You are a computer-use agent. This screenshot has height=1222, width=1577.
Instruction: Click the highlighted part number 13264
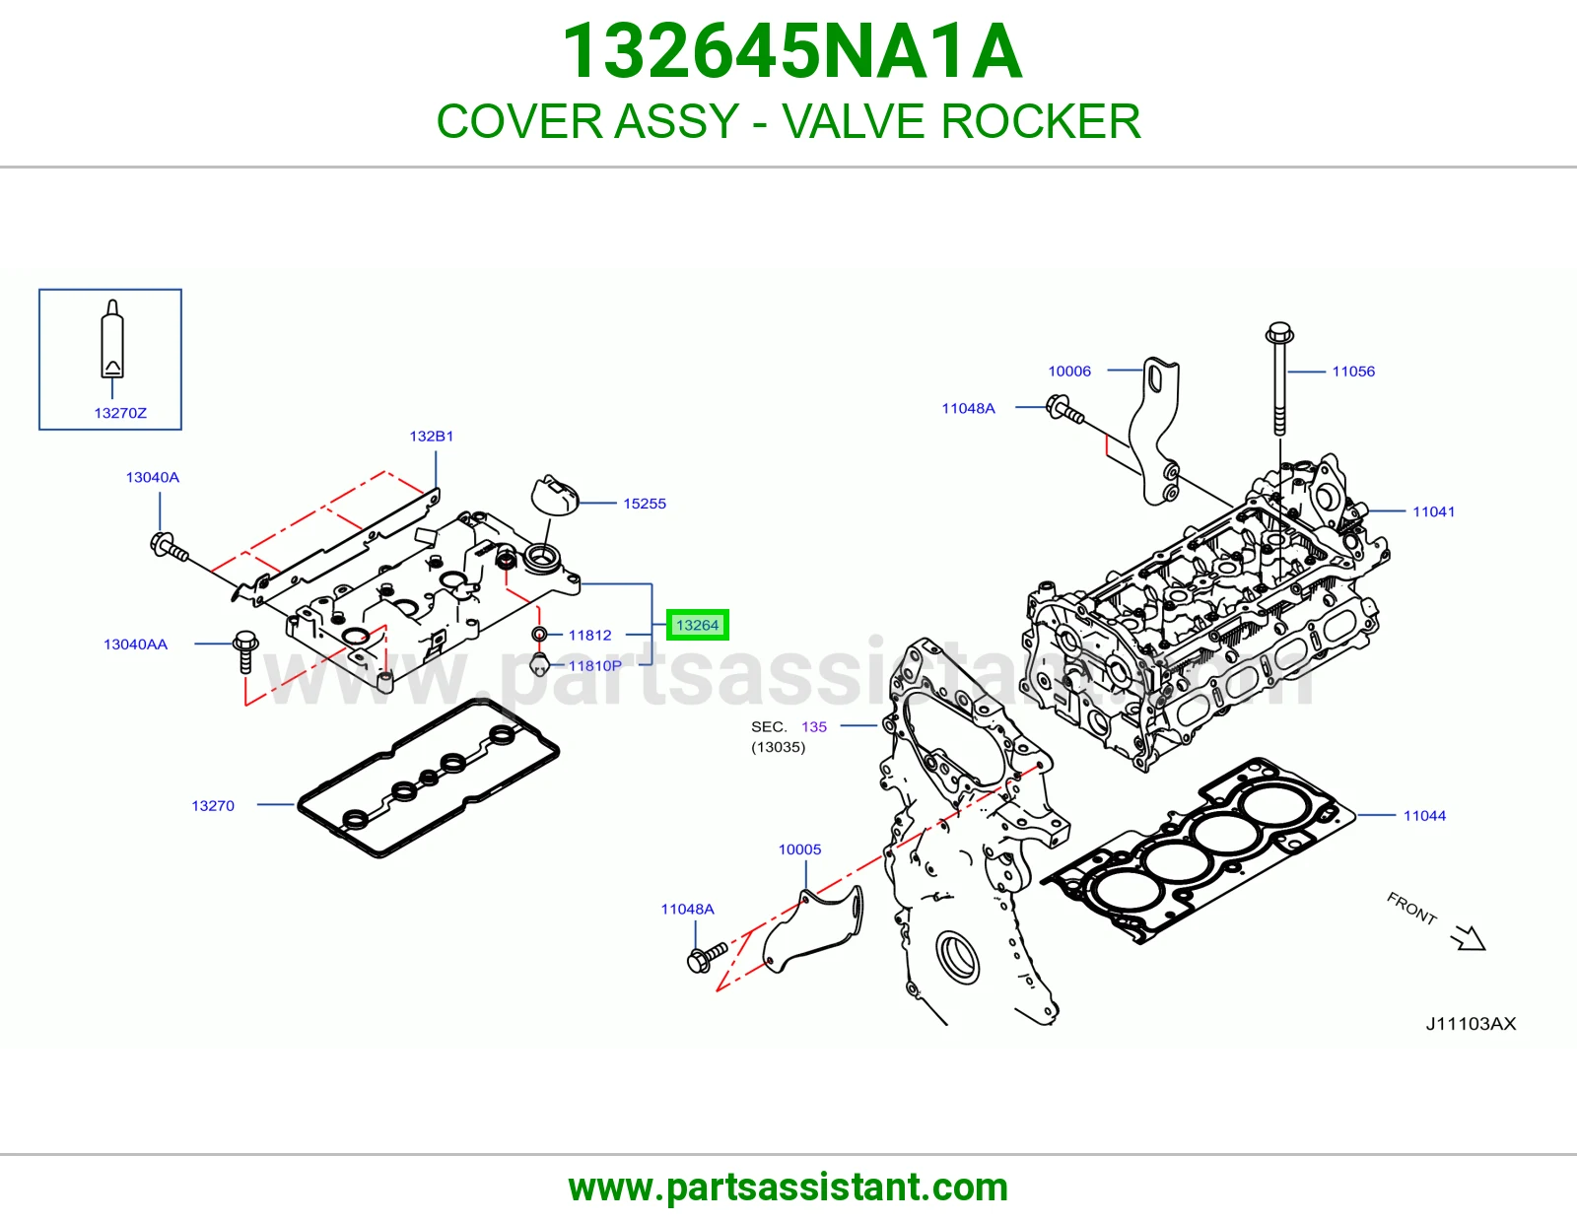coord(697,625)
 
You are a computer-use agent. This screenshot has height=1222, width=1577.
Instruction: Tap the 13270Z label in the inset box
coord(120,413)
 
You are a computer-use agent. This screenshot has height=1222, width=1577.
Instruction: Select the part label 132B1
coord(431,437)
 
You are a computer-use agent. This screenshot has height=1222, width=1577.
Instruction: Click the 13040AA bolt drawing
coord(245,651)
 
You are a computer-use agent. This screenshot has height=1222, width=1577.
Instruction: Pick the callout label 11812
coord(589,635)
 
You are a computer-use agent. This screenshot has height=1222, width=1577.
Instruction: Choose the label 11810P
coord(594,665)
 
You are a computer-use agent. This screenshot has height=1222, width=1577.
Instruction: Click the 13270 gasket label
coord(213,805)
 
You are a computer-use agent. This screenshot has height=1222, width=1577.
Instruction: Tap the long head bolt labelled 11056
coord(1278,378)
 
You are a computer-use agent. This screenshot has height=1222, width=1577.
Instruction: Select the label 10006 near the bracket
coord(1069,372)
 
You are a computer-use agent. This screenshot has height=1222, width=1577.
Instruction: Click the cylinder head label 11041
coord(1433,511)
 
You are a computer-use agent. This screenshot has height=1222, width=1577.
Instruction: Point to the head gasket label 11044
coord(1424,816)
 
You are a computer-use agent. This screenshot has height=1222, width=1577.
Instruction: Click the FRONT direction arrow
coord(1469,938)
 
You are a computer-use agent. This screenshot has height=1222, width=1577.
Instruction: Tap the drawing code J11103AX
coord(1471,1024)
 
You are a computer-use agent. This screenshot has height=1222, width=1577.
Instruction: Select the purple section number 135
coord(813,726)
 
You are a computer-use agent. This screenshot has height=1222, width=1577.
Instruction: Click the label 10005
coord(799,849)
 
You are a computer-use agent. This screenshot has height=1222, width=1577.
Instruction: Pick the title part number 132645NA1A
coord(791,51)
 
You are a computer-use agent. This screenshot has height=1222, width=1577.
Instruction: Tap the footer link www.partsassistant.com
coord(788,1188)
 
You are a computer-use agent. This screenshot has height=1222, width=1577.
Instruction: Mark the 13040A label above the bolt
coord(153,478)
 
